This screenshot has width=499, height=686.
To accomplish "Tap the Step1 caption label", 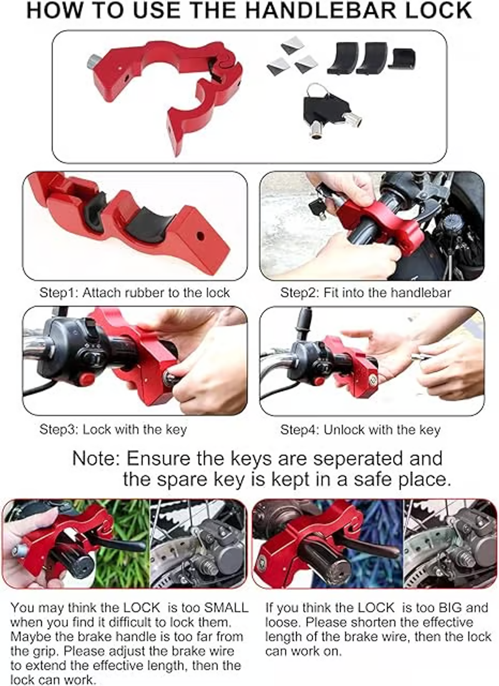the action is pyautogui.click(x=134, y=292).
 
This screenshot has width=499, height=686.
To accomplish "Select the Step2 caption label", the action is pyautogui.click(x=365, y=292).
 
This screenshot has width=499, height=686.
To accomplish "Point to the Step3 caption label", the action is pyautogui.click(x=113, y=429).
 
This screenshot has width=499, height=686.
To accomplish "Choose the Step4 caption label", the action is pyautogui.click(x=360, y=429).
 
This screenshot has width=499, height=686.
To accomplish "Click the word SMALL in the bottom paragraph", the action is pyautogui.click(x=226, y=608).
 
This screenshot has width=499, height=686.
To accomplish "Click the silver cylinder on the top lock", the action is pyautogui.click(x=94, y=61).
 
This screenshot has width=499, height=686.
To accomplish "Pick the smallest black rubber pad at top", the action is pyautogui.click(x=402, y=59).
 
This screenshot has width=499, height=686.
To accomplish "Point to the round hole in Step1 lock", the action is pyautogui.click(x=200, y=236).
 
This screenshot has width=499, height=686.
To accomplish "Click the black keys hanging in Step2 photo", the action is pyautogui.click(x=318, y=207).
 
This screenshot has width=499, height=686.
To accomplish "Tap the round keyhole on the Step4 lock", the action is pyautogui.click(x=372, y=379).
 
